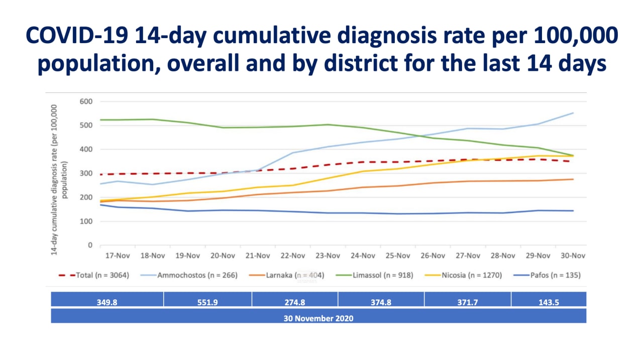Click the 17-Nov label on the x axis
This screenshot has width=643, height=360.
[x=117, y=256]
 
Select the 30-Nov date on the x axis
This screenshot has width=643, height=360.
[x=573, y=256]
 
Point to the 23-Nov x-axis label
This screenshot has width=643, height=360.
[x=328, y=256]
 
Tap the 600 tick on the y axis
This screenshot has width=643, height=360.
[x=86, y=101]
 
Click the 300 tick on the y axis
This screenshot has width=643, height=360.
[x=86, y=174]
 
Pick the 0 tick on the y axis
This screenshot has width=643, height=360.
[x=90, y=246]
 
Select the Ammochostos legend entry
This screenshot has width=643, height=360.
[x=196, y=275]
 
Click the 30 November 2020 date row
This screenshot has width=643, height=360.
[x=318, y=318]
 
